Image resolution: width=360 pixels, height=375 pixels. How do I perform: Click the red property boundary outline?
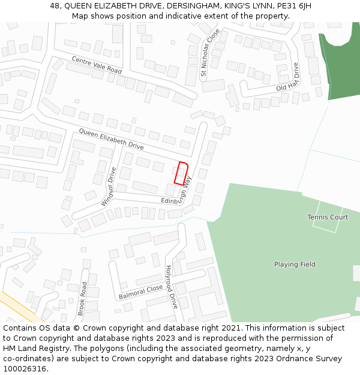[x=182, y=173]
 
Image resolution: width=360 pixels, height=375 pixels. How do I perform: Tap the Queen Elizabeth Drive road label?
[x=111, y=139]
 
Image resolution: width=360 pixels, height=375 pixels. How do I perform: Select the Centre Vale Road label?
[x=97, y=65]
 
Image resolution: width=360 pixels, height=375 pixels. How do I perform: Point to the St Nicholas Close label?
[x=210, y=54]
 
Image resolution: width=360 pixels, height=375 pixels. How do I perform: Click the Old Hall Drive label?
[x=288, y=80]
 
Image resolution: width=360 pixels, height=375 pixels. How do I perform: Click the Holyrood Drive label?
[x=172, y=287]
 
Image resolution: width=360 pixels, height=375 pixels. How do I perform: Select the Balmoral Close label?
[x=140, y=292]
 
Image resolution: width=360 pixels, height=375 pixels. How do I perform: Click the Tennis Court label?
[x=328, y=217]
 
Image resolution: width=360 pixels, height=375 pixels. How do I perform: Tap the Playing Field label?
[x=295, y=265]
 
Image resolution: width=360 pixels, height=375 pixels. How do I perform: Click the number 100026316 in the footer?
[x=24, y=368]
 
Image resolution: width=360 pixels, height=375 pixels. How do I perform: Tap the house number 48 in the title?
[x=55, y=6]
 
